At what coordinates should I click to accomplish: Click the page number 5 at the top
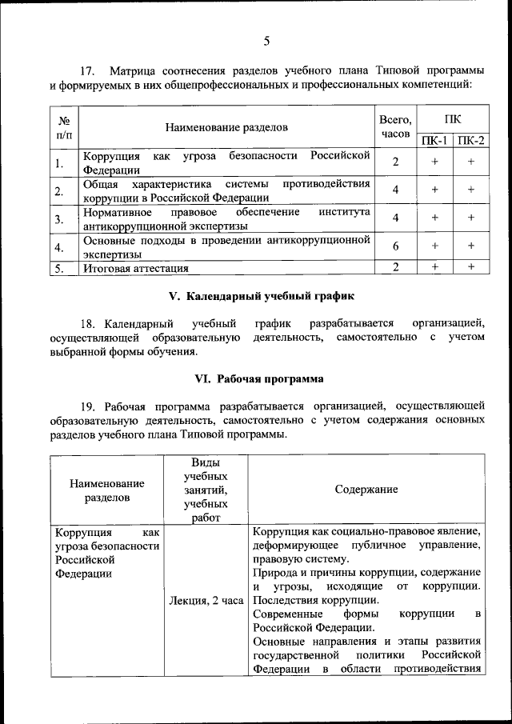(266, 41)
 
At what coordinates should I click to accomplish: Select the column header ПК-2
(471, 141)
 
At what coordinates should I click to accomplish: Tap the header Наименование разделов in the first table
(226, 126)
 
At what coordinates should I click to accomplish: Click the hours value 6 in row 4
(395, 246)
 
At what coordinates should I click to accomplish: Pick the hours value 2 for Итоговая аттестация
(395, 267)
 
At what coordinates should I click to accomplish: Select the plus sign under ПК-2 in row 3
(471, 217)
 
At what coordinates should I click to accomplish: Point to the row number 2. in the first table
(59, 190)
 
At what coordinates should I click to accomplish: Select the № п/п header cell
(59, 126)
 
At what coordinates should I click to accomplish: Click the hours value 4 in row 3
(395, 217)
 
